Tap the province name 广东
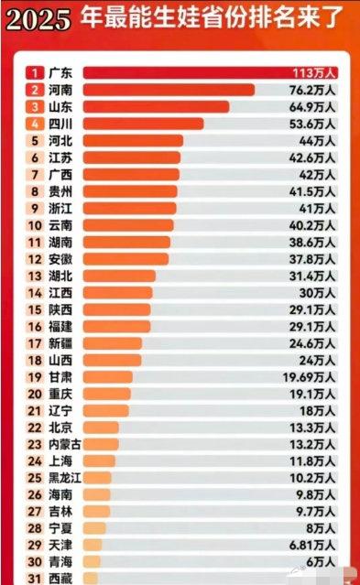point(60,72)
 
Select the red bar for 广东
point(183,72)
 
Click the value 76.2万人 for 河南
point(312,90)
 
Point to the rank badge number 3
point(34,107)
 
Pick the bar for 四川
point(143,124)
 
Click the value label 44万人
point(318,141)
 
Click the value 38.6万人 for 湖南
point(312,242)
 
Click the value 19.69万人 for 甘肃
point(311,377)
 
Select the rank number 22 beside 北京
point(34,428)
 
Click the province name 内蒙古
point(65,445)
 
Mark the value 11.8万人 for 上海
point(312,461)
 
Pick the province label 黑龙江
point(65,479)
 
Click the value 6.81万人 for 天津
point(312,547)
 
